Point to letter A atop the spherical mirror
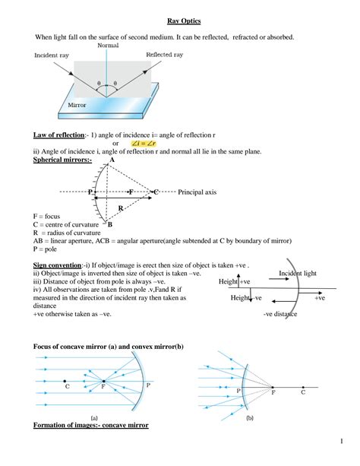101,160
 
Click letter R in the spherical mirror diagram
120,207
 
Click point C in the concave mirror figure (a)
67,387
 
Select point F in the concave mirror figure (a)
103,387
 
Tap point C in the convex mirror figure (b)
303,392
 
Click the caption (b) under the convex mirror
249,418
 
